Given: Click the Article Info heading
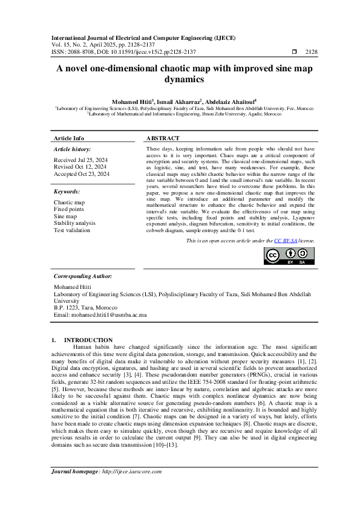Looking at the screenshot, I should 70,138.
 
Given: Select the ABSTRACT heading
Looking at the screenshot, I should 162,138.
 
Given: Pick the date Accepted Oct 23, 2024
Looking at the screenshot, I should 82,173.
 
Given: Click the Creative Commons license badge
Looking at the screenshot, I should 289,256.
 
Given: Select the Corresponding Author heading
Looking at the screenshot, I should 83,275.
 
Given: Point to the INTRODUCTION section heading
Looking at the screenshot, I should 88,340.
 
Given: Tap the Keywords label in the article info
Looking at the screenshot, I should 67,191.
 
